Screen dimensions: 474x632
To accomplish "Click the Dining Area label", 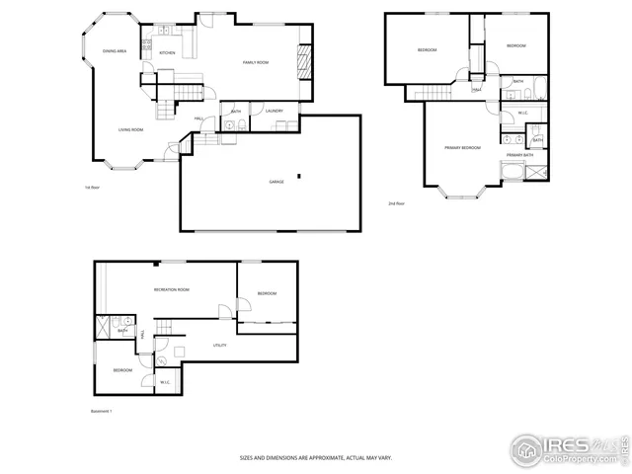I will (115, 50).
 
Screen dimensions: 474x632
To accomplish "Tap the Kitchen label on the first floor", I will (168, 52).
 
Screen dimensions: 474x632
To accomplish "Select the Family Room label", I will (256, 62).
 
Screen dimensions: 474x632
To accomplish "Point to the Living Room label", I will (131, 129).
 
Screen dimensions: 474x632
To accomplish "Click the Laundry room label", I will (275, 111).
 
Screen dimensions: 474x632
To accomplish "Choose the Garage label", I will (276, 182).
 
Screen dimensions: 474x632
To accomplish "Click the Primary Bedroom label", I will (462, 147).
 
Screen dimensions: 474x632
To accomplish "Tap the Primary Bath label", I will (520, 155).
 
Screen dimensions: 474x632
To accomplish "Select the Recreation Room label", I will (171, 289).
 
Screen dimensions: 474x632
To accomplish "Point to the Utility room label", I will (220, 345).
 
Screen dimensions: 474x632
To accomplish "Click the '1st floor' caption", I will (93, 187).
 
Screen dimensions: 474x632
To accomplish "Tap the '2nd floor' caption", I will (397, 203).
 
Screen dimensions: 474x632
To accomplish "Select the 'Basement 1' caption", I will (102, 411).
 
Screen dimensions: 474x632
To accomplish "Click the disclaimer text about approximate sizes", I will (316, 457).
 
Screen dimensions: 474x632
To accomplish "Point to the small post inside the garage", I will (297, 177).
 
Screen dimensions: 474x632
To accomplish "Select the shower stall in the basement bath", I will (103, 326).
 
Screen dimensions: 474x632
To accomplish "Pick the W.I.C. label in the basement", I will (165, 382).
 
